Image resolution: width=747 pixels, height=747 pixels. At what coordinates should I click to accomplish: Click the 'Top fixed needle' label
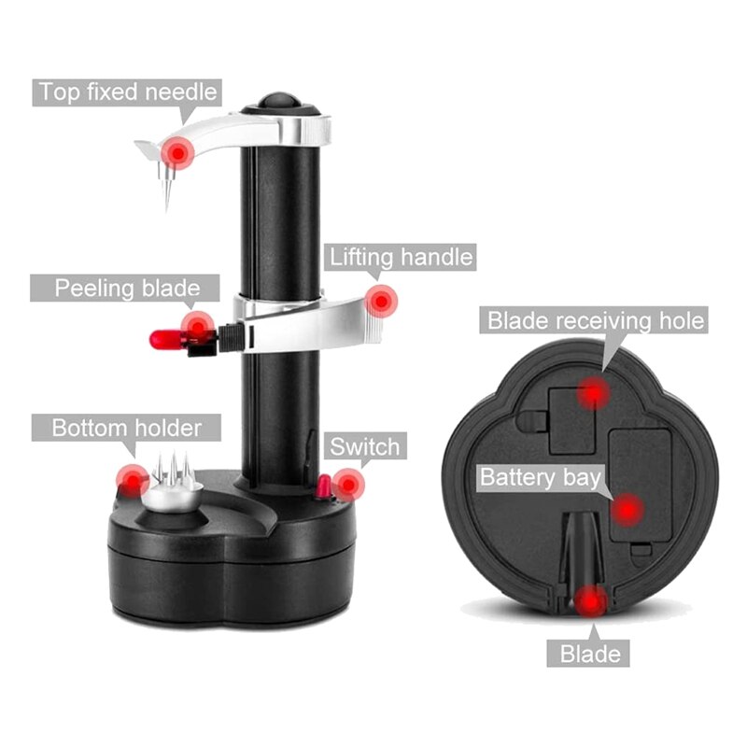[127, 92]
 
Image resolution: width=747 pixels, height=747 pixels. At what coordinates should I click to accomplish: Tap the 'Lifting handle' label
[400, 256]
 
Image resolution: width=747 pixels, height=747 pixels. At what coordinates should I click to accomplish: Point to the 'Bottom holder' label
[126, 429]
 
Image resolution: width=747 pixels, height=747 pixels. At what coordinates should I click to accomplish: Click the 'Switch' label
[364, 445]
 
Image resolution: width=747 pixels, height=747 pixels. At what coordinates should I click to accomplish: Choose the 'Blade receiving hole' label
[595, 321]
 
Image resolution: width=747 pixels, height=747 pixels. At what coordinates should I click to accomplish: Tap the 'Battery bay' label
[539, 477]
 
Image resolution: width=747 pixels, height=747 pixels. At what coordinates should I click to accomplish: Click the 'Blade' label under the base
[590, 654]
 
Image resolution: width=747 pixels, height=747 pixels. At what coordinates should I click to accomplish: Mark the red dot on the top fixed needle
[176, 152]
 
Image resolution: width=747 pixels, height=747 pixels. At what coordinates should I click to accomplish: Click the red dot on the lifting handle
[380, 301]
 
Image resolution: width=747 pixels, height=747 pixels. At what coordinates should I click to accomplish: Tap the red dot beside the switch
[348, 485]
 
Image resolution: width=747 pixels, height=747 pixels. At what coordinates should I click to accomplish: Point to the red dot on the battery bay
[628, 510]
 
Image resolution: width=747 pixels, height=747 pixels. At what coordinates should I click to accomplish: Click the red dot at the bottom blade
[589, 602]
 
